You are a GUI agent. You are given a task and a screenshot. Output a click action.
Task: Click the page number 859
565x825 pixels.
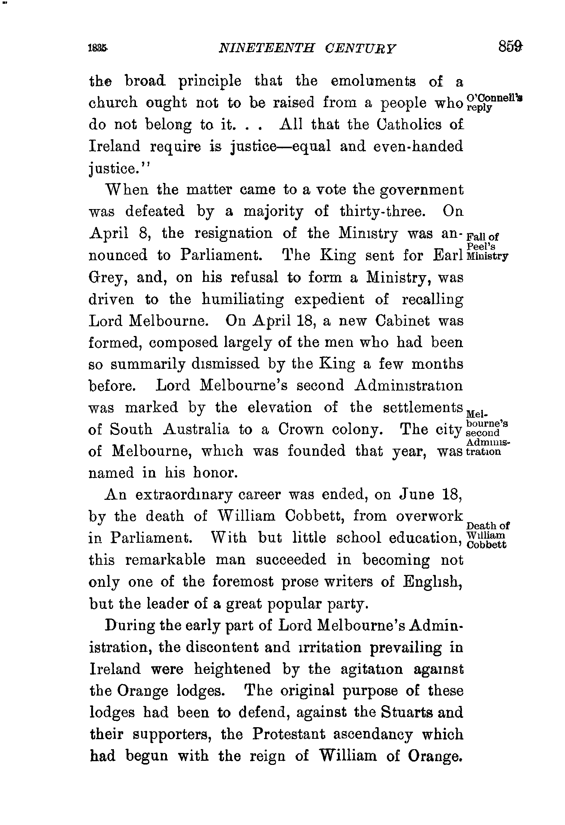tap(509, 48)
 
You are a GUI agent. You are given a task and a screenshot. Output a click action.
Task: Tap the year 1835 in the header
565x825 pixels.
tap(98, 49)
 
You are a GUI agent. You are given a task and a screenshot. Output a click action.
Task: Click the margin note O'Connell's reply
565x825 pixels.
tap(494, 102)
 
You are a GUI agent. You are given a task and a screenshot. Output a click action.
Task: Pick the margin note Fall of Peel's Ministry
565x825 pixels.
tap(487, 246)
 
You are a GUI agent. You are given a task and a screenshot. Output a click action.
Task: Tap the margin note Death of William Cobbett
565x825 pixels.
tap(488, 535)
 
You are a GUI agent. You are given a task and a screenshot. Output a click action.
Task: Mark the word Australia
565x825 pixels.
tap(196, 429)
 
